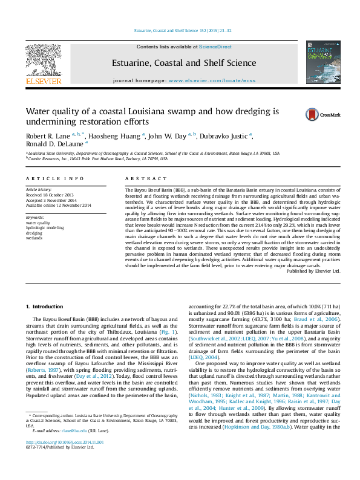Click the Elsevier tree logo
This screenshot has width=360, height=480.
point(43,60)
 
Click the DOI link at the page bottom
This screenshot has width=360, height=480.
point(65,460)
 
